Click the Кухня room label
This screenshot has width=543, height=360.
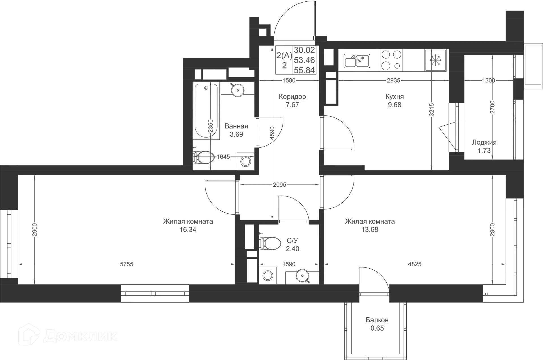[x=395, y=97]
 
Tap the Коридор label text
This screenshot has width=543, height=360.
[x=292, y=97]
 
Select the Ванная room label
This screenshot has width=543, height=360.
[x=236, y=126]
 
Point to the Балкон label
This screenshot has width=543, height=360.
[x=377, y=320]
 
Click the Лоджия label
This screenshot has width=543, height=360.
[x=484, y=142]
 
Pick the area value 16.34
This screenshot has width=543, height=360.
[x=188, y=230]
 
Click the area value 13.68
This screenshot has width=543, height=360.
[x=370, y=230]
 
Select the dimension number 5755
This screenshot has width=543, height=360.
[x=126, y=264]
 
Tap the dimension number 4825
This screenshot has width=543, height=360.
[x=415, y=264]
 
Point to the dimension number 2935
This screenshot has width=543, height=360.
[x=393, y=80]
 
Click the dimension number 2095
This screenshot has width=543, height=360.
[x=280, y=185]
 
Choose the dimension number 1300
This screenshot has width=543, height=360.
[x=488, y=80]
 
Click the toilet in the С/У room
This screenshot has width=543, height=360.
[x=271, y=243]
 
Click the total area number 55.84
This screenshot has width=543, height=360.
[x=304, y=70]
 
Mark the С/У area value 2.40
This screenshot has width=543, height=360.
[x=292, y=248]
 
